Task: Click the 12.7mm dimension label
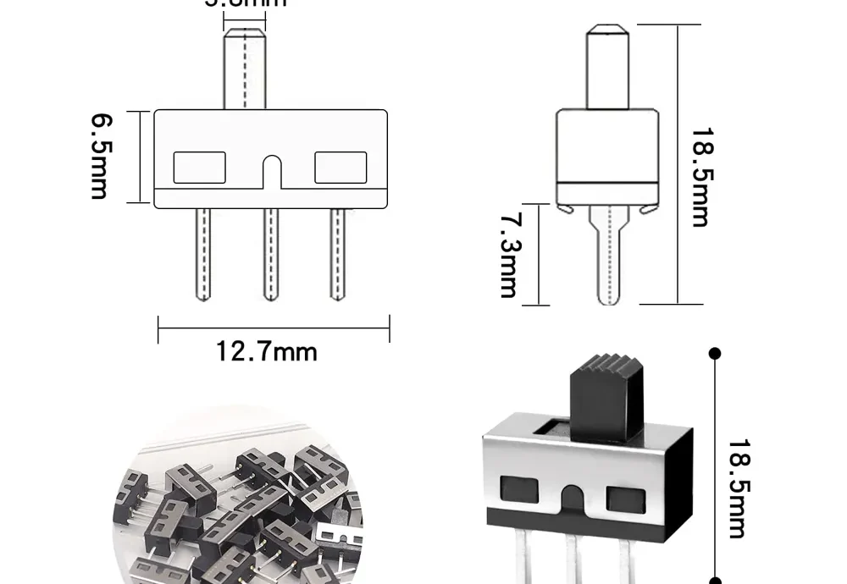pos(266,350)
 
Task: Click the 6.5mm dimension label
pos(99,157)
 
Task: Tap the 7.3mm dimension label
pos(508,255)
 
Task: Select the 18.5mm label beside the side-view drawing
pos(700,177)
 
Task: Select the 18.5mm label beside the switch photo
pos(736,488)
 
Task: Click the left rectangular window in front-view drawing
pos(200,168)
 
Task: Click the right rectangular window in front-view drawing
pos(340,168)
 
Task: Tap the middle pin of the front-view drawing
pos(270,254)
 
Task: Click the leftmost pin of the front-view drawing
pos(202,254)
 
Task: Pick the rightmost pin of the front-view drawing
pos(337,254)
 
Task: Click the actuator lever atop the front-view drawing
pos(245,68)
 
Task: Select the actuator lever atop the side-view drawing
pos(608,67)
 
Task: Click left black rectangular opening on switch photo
pos(519,489)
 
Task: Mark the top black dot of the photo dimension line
pos(715,353)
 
